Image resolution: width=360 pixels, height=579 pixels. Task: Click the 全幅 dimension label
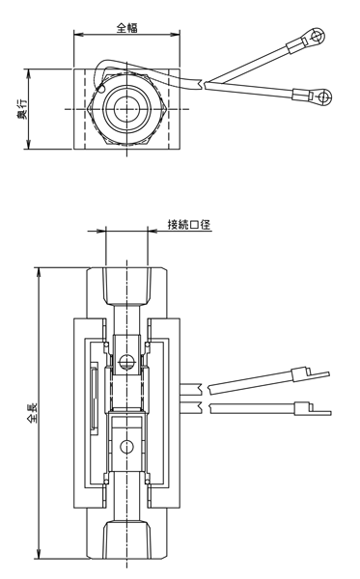pyautogui.click(x=127, y=28)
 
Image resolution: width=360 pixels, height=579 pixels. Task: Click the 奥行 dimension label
pyautogui.click(x=22, y=109)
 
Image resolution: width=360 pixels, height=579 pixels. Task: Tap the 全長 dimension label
pyautogui.click(x=33, y=413)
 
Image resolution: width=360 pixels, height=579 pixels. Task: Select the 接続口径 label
pyautogui.click(x=189, y=224)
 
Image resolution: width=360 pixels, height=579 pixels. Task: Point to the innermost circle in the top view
pyautogui.click(x=127, y=109)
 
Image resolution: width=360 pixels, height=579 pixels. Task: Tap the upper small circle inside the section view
pyautogui.click(x=126, y=363)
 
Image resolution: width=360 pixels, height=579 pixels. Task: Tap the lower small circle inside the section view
pyautogui.click(x=126, y=447)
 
